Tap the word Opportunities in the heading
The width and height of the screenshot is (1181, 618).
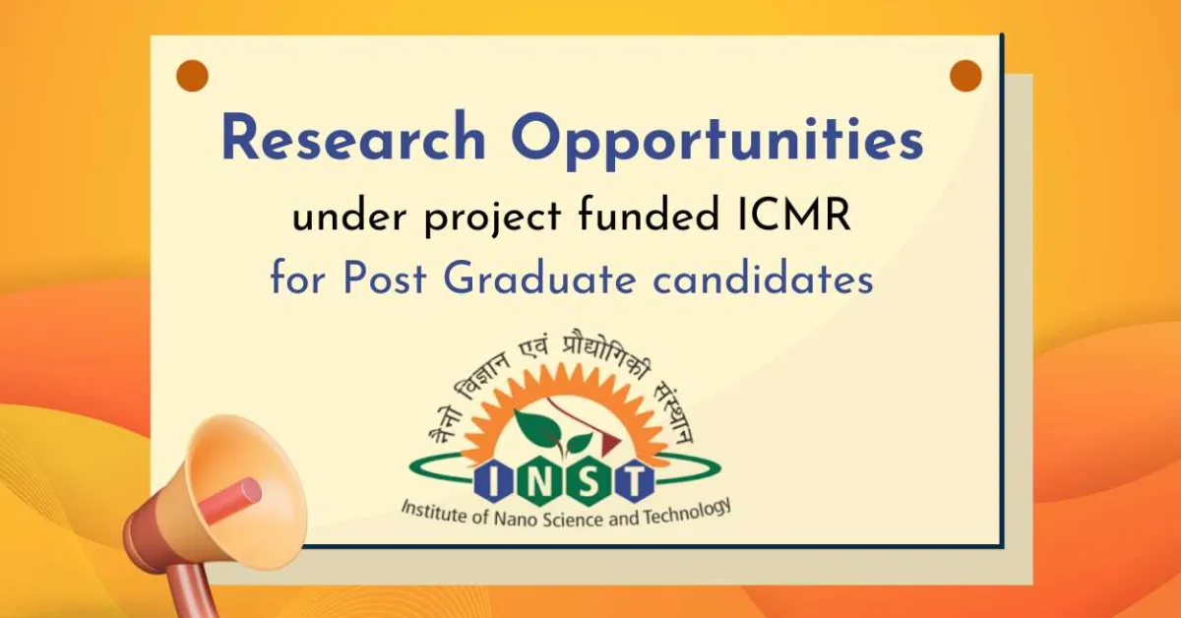click(717, 141)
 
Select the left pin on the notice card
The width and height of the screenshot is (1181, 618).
click(192, 75)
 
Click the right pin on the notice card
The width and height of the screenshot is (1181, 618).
click(965, 76)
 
